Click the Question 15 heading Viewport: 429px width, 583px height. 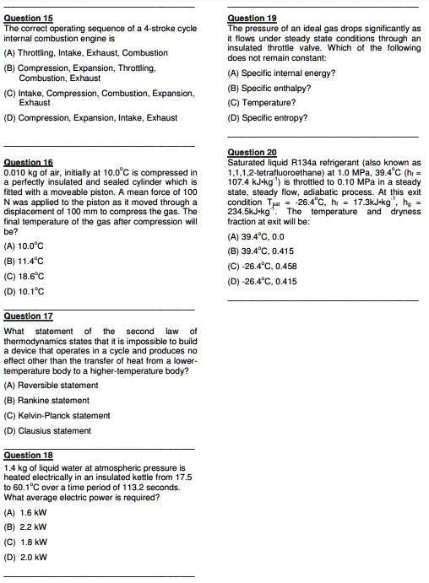[x=28, y=18]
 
